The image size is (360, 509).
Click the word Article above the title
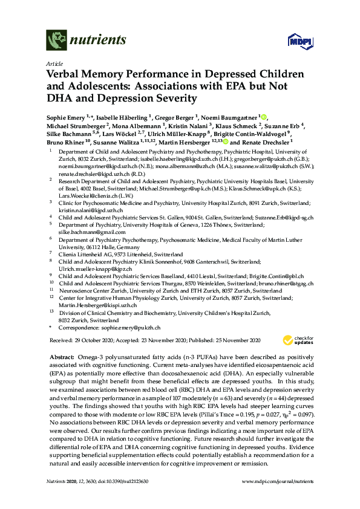[x=53, y=63]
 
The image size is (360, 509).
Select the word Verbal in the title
[x=64, y=74]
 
